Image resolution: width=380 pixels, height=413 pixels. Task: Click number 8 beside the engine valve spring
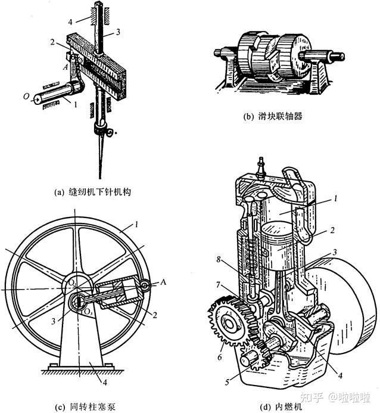(219, 259)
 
